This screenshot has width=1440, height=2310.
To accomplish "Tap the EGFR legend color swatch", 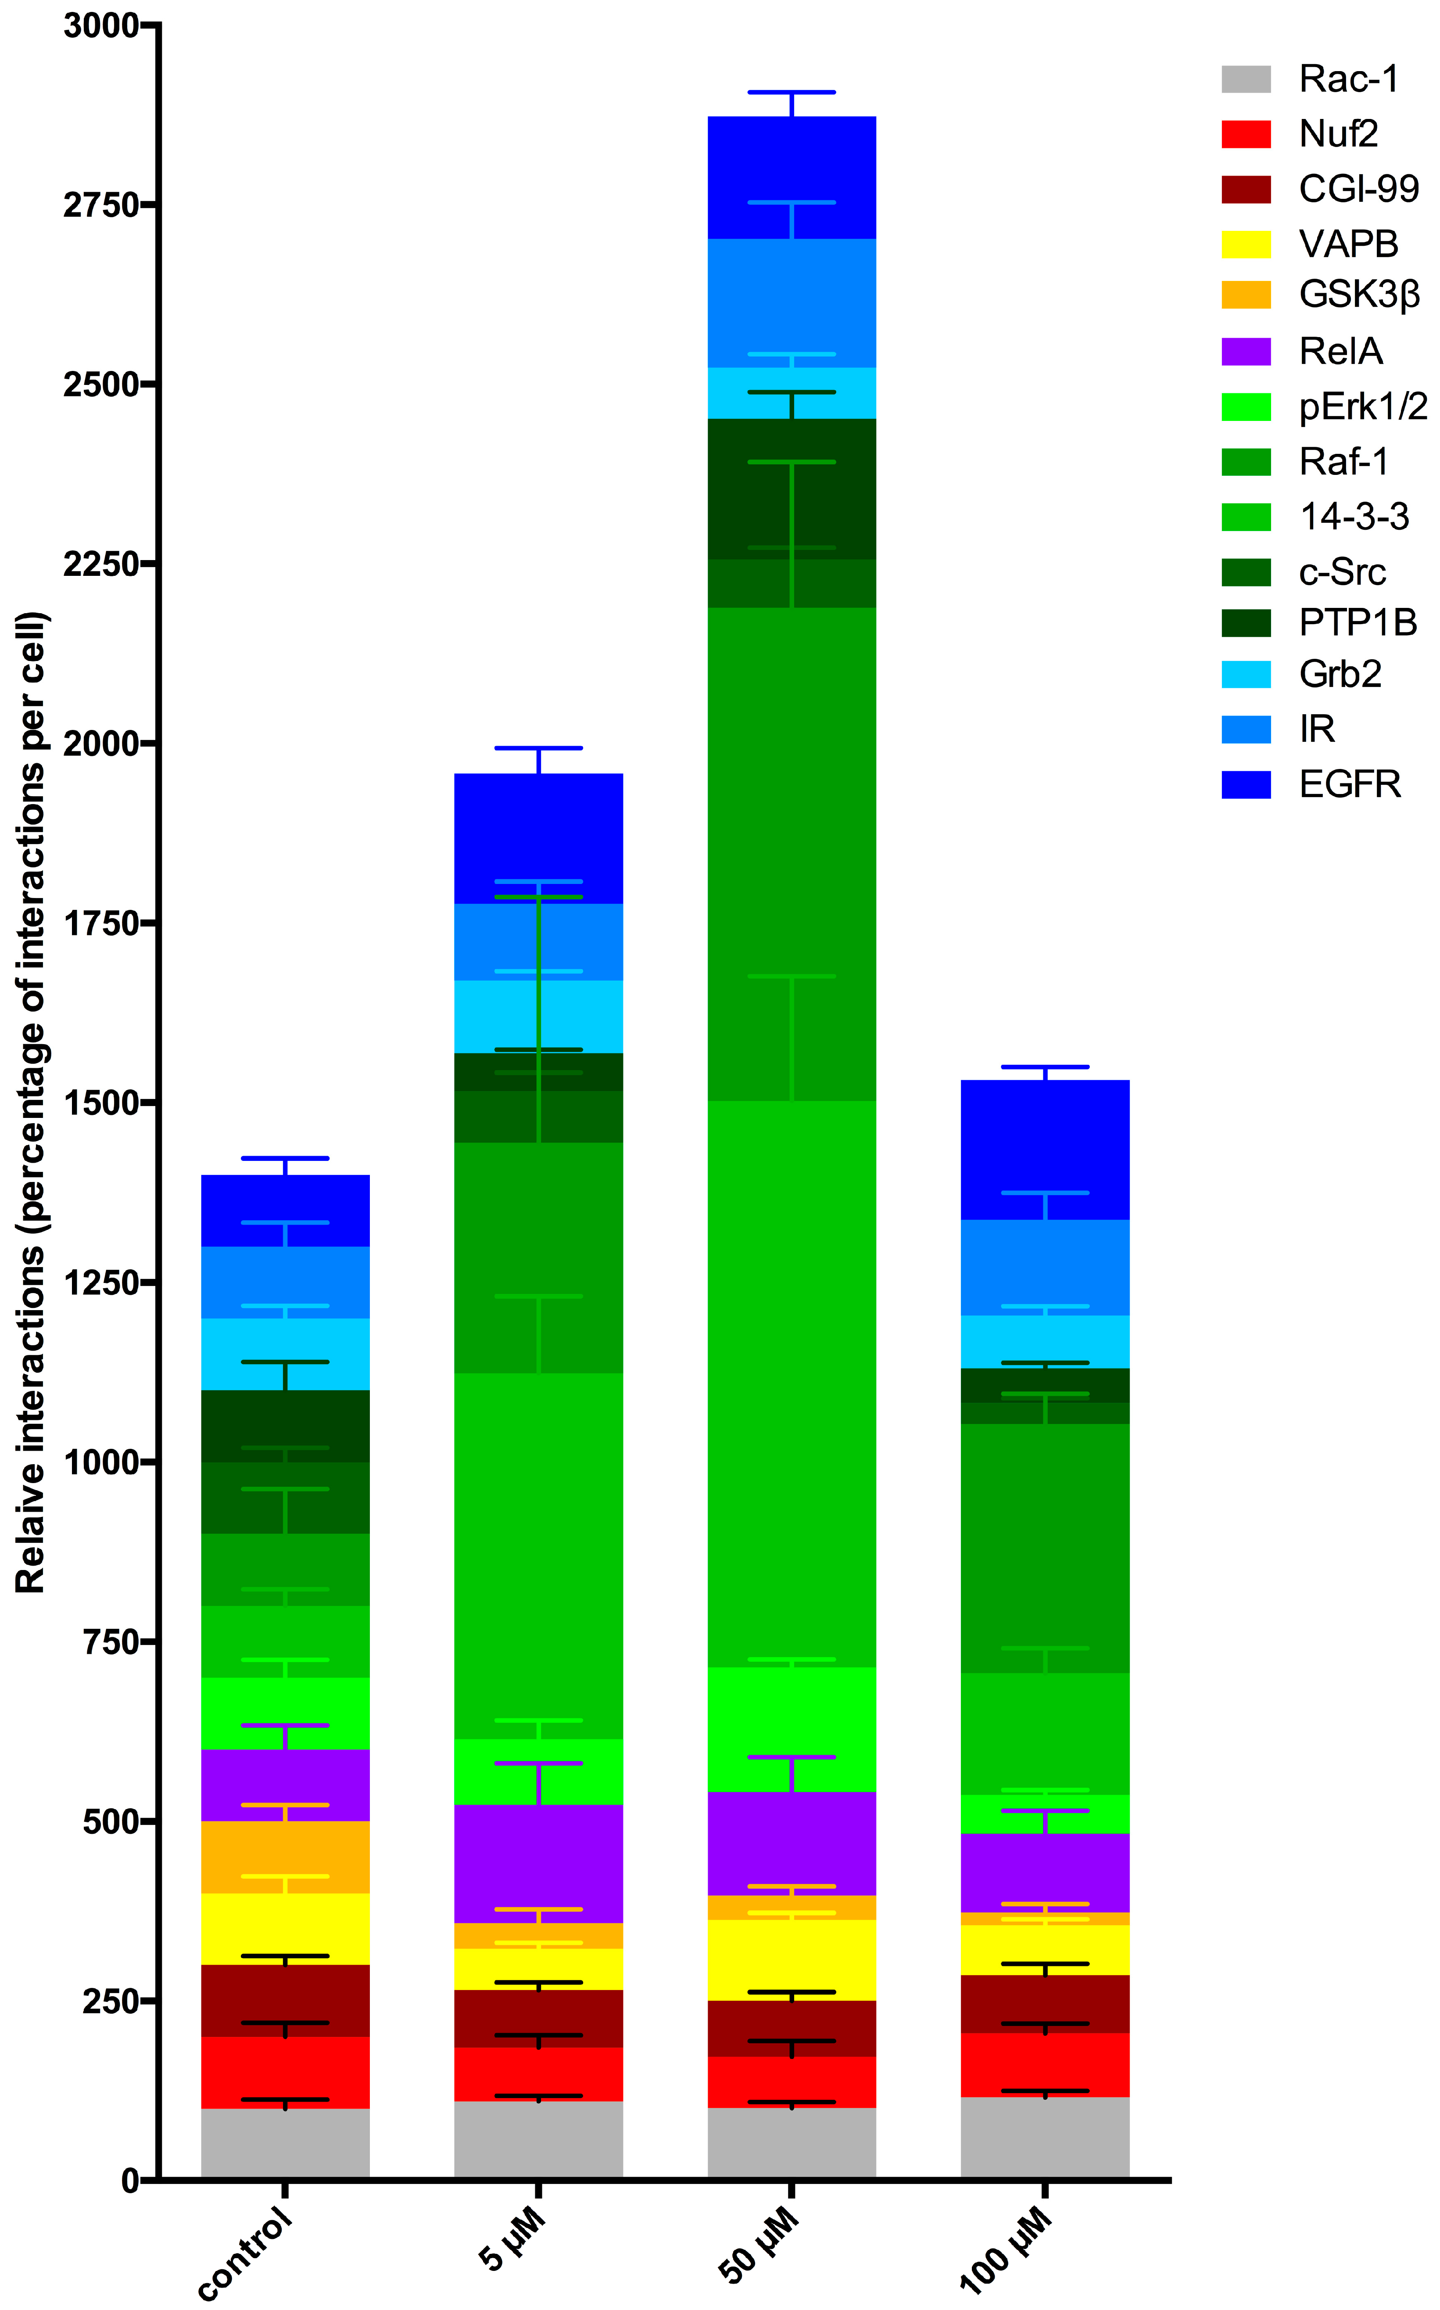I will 1246,784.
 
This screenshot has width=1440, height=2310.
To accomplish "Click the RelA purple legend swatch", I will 1246,352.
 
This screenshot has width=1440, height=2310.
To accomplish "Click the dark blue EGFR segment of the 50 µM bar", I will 792,178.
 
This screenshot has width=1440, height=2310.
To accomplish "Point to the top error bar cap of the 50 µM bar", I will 792,93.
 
